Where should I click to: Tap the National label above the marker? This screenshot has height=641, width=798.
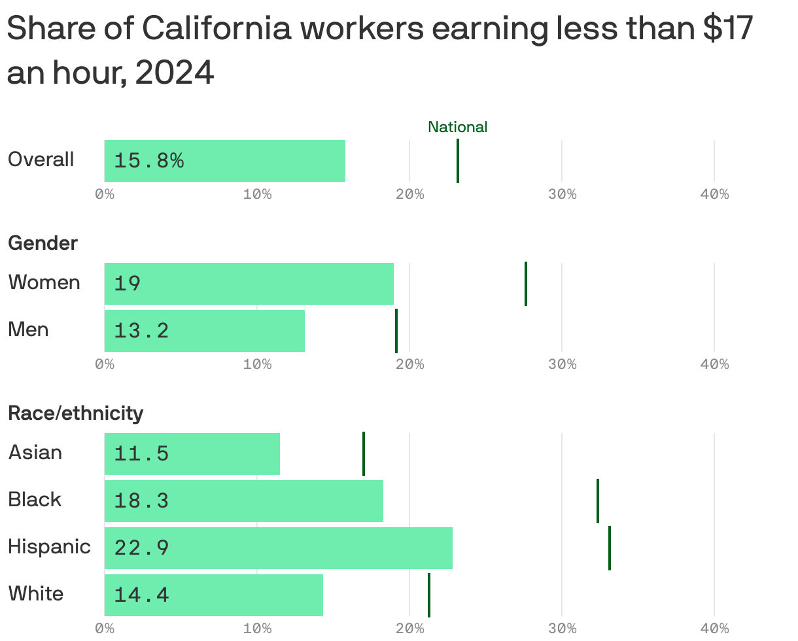tap(457, 127)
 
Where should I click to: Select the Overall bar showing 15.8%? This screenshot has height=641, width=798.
tap(224, 160)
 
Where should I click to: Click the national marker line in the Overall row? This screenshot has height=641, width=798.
tap(457, 161)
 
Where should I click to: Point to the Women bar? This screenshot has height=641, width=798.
tap(249, 283)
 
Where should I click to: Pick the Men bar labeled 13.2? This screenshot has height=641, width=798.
tap(204, 330)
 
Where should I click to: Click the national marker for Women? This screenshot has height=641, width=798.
tap(525, 283)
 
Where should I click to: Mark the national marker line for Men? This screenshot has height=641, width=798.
tap(396, 330)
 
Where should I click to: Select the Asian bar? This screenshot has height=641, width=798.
tap(192, 453)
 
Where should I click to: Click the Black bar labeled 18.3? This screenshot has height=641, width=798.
tap(243, 500)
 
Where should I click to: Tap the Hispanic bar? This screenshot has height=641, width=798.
tap(278, 547)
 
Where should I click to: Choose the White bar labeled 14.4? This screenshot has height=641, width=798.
tap(213, 595)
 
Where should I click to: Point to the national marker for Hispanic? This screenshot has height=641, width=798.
tap(609, 547)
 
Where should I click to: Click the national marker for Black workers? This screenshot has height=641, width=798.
tap(597, 500)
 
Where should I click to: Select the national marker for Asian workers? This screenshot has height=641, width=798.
tap(363, 453)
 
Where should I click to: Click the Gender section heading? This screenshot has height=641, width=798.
tap(43, 243)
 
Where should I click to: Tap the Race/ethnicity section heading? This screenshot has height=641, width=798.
tap(75, 413)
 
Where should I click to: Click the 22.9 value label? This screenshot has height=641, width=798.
tap(141, 547)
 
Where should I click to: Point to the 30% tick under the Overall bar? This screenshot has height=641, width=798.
tap(562, 194)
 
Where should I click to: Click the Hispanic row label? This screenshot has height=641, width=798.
tap(49, 546)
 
